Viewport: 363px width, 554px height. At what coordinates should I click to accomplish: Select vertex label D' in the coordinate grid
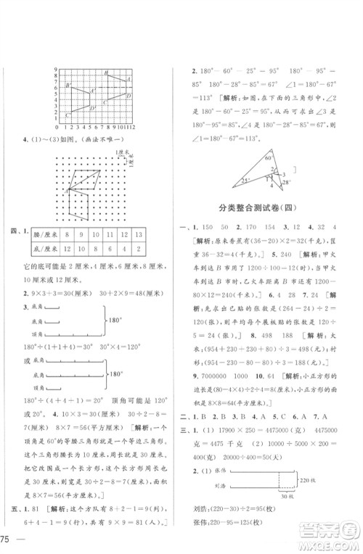coord(92,107)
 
